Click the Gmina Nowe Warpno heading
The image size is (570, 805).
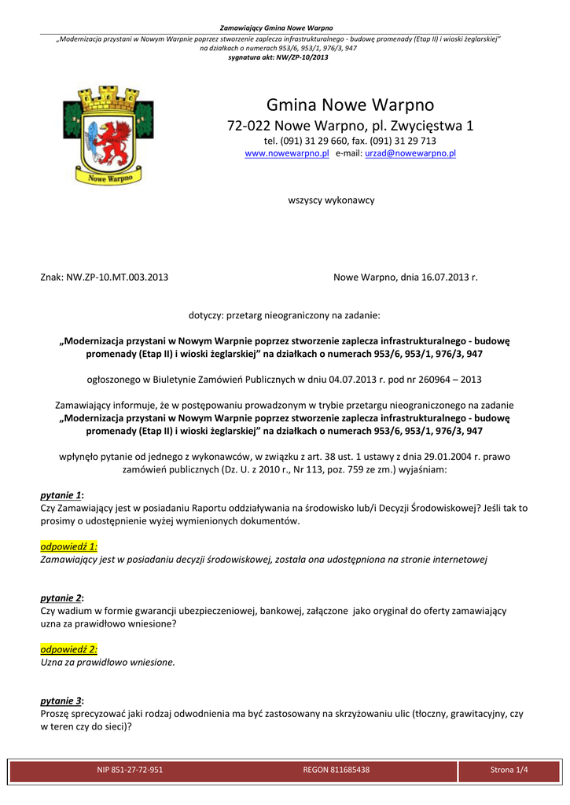(x=350, y=105)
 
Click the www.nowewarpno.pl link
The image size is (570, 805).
(x=287, y=154)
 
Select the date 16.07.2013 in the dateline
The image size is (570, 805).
(x=441, y=278)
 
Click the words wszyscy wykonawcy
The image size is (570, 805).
(x=332, y=200)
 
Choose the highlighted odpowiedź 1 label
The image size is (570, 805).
(x=68, y=546)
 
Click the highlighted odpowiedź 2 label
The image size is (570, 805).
(x=68, y=649)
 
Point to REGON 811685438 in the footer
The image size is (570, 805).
(x=336, y=770)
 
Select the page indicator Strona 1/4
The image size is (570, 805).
(x=509, y=770)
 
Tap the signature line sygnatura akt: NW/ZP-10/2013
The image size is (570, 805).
(x=278, y=57)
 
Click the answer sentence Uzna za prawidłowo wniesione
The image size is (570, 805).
(x=107, y=662)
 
